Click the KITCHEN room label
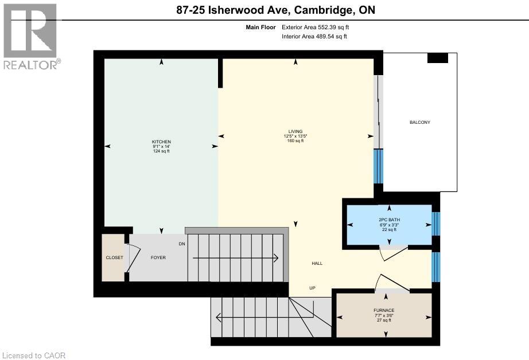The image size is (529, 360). [161, 142]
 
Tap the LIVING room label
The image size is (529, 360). [296, 131]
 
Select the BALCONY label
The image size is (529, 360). [419, 122]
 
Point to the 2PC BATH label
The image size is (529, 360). [389, 220]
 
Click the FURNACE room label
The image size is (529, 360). [383, 310]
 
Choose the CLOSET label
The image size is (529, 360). [114, 258]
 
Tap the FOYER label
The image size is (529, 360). [158, 258]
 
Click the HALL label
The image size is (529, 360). [317, 263]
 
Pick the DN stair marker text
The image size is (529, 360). [182, 244]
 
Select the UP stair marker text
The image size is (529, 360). [313, 288]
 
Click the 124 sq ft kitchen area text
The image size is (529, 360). [161, 151]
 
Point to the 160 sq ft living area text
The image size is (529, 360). [295, 141]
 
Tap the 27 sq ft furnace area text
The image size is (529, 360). [383, 320]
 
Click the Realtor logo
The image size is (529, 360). [30, 37]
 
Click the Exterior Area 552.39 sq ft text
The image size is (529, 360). [314, 27]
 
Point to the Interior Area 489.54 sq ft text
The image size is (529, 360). [314, 37]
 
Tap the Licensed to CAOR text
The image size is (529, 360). [34, 355]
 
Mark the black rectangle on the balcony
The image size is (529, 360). [438, 58]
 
